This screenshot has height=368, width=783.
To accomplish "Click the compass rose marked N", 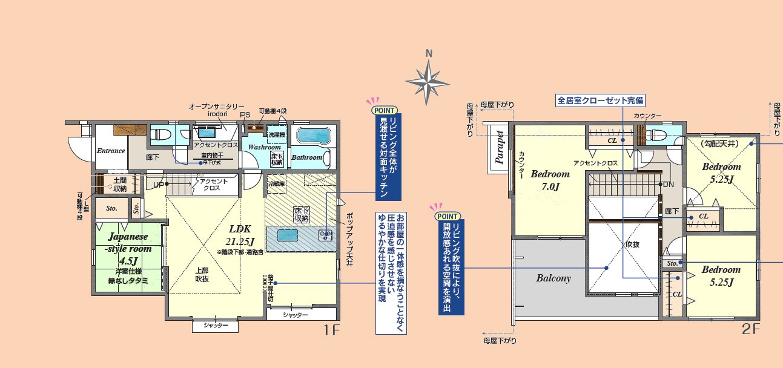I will (429, 79).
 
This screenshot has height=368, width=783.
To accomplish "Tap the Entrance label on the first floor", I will (111, 151).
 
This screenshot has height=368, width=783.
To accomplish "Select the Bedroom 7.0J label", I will (550, 180).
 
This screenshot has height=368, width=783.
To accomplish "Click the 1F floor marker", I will (331, 330).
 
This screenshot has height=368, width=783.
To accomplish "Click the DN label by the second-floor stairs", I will (669, 184).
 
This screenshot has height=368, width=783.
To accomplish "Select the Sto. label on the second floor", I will (672, 263).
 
